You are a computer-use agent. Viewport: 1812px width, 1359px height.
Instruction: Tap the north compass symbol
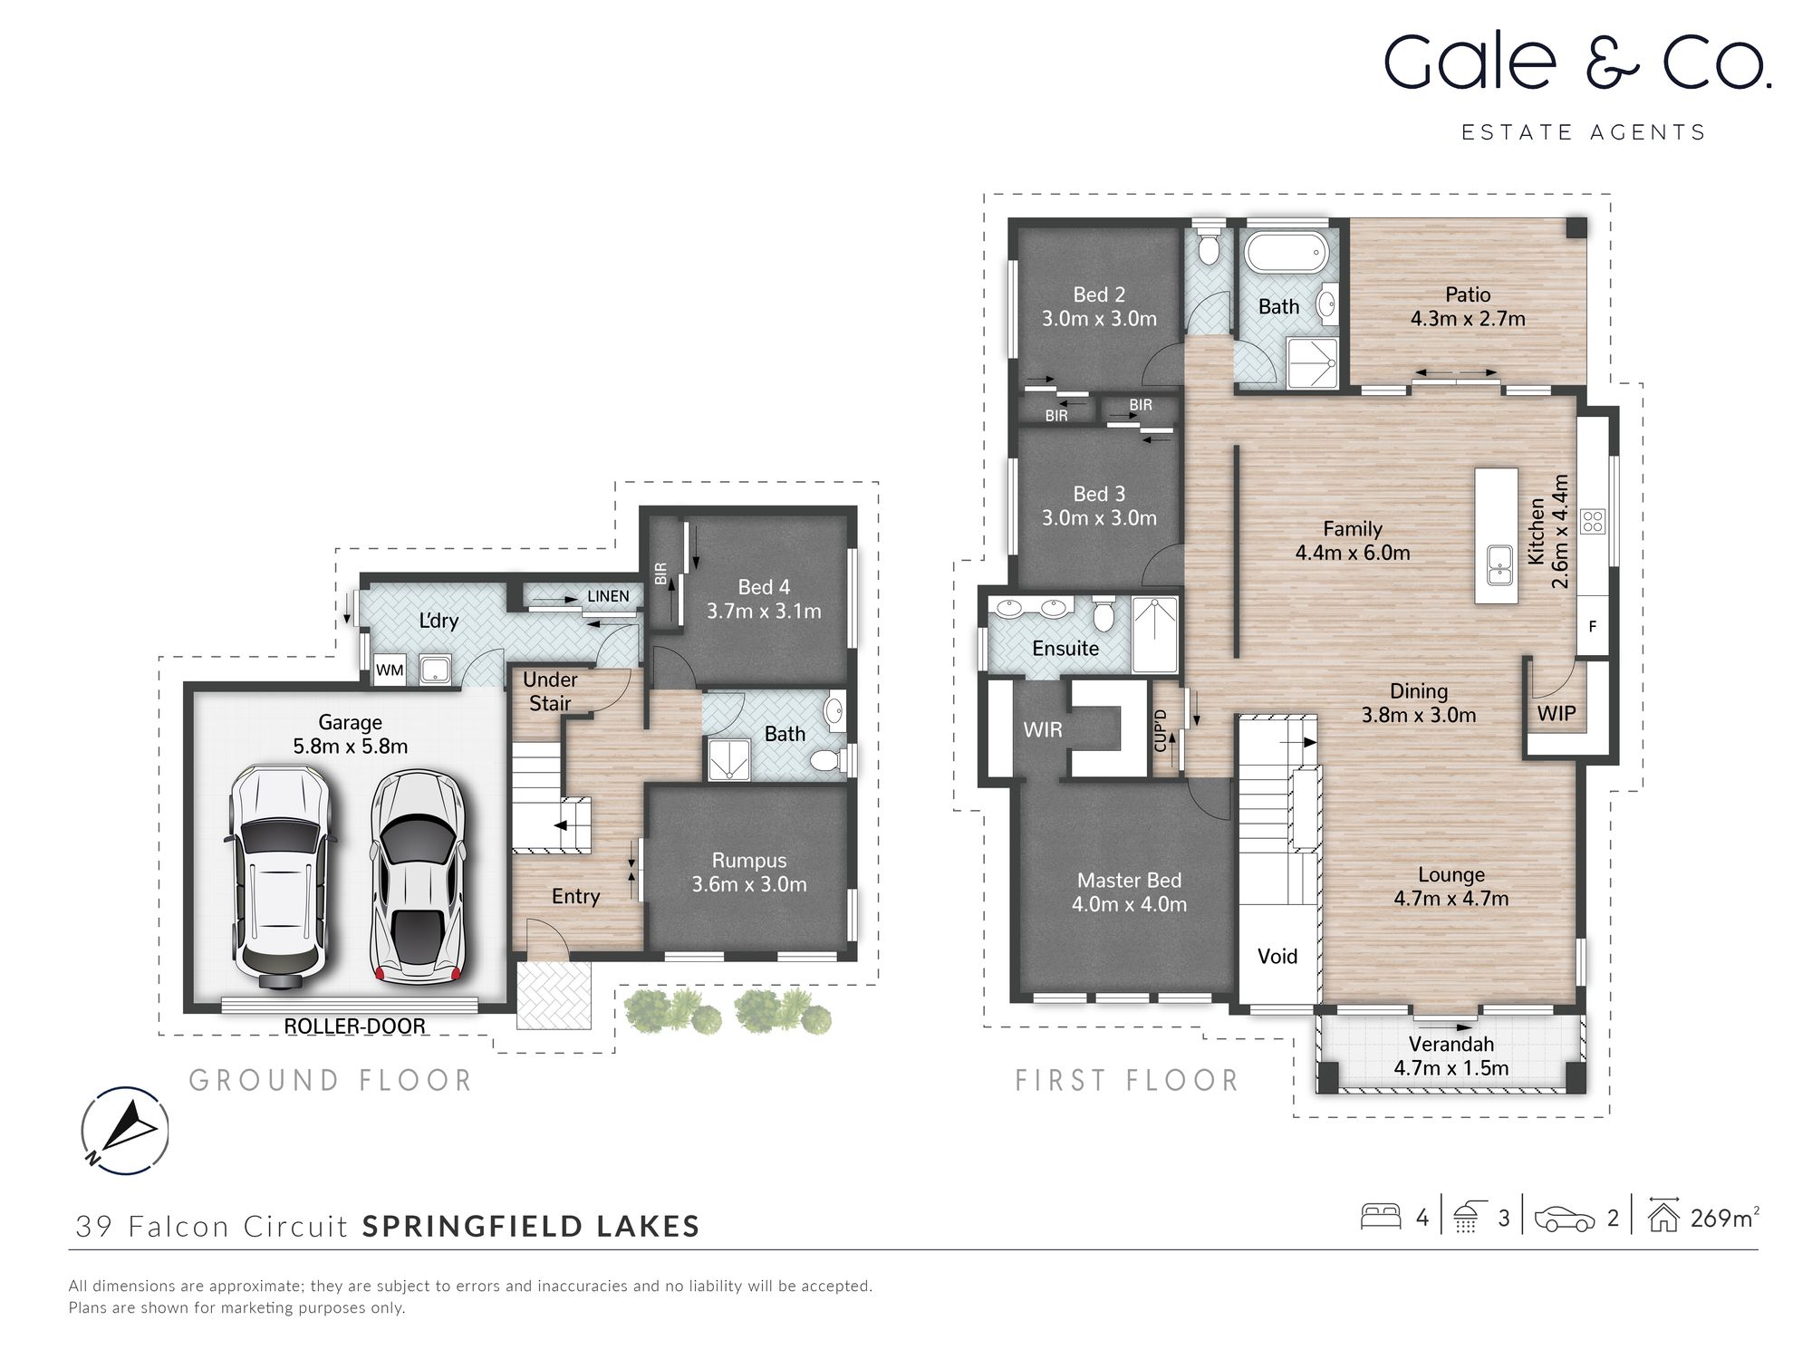coord(125,1130)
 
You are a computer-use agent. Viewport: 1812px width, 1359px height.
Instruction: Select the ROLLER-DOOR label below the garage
coord(354,1026)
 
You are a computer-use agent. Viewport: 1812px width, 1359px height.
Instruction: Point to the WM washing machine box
coord(390,670)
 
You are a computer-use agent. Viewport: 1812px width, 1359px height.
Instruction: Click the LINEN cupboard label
coord(608,596)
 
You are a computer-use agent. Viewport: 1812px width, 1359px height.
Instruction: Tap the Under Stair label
coord(550,691)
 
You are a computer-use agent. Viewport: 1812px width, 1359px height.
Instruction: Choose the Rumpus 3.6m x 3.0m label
coord(749,872)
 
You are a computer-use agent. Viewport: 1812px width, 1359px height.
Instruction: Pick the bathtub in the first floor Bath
coord(1285,253)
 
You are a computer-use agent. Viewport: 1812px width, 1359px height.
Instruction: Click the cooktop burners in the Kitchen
coord(1593,521)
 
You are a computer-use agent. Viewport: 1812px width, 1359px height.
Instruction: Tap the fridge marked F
coord(1592,626)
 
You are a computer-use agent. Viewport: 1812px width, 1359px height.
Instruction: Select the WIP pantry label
coord(1557,714)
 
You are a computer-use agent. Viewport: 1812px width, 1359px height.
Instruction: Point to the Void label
coord(1277,956)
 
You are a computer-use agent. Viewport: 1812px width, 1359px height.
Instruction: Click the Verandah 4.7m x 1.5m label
coord(1451,1056)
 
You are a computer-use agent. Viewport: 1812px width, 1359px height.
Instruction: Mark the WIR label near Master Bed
coord(1043,729)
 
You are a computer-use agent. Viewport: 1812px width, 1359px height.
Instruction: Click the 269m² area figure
coord(1724,1218)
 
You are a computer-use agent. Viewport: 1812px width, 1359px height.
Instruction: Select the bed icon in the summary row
coord(1380,1217)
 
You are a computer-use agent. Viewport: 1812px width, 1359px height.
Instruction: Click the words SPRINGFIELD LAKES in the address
coord(531,1226)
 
